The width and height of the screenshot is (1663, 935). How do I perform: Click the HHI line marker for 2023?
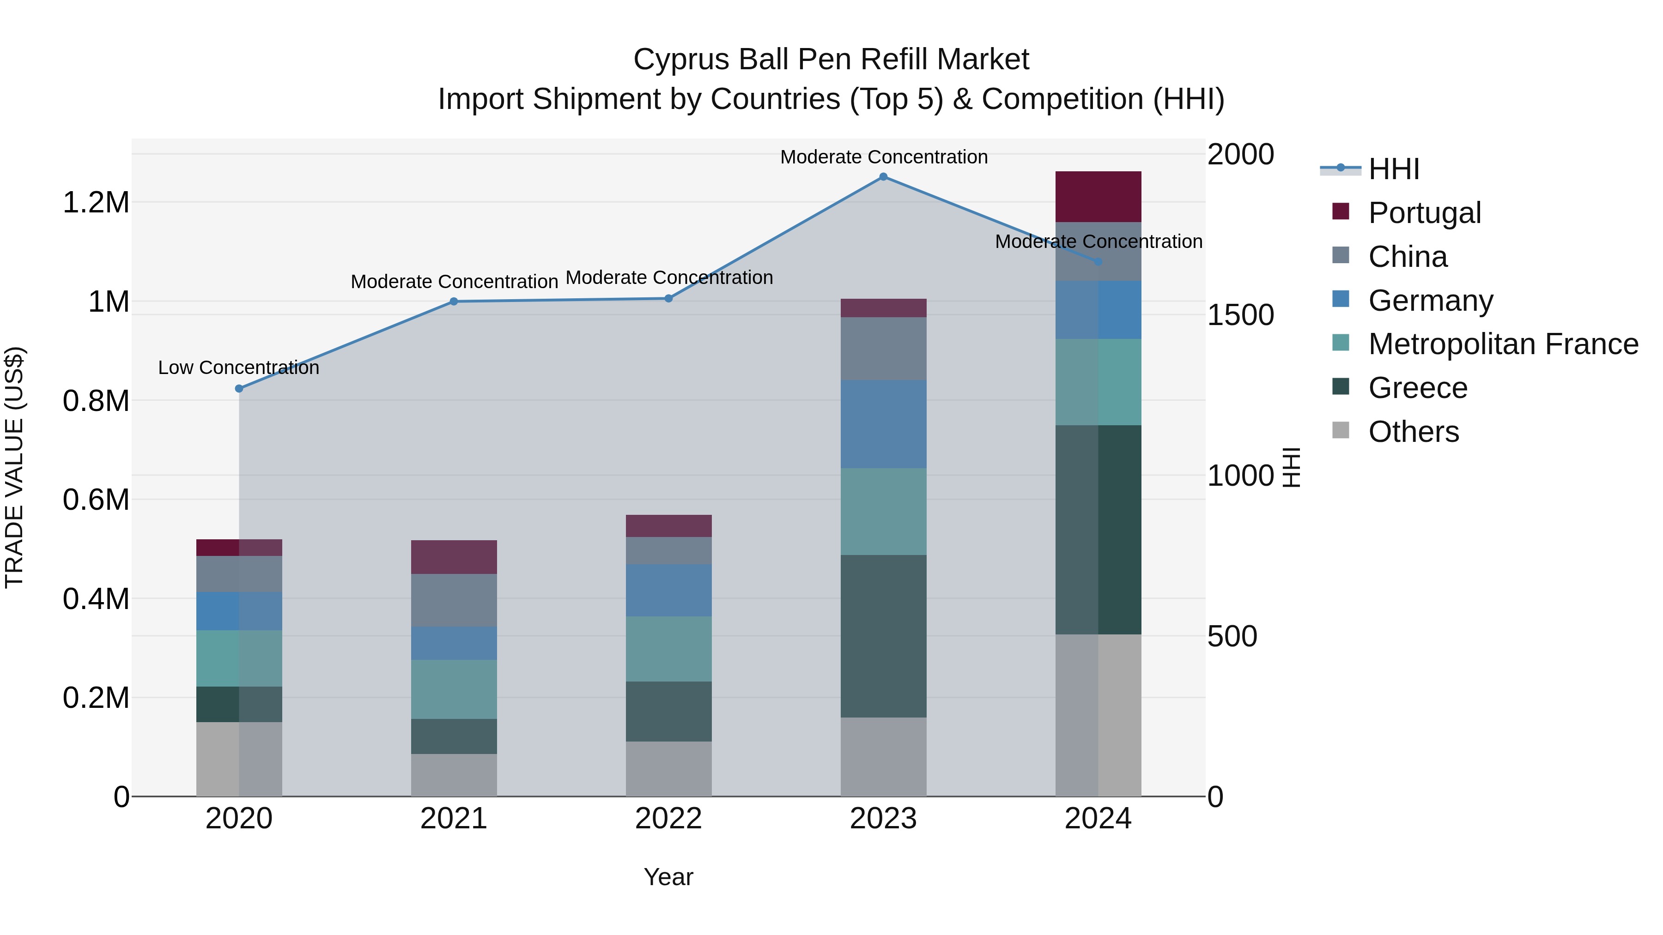tap(883, 177)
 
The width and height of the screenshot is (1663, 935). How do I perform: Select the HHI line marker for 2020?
tap(239, 388)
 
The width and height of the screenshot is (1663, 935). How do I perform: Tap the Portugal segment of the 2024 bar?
tap(1098, 197)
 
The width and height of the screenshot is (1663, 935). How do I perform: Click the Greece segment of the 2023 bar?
tap(883, 636)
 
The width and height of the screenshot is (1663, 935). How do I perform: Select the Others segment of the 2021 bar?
tap(454, 774)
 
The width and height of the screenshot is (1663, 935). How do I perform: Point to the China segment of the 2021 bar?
tap(454, 600)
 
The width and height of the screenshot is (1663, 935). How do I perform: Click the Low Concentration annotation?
tap(238, 368)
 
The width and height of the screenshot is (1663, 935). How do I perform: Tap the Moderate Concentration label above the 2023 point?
tap(883, 157)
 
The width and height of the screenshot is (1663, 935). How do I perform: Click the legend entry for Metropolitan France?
tap(1503, 344)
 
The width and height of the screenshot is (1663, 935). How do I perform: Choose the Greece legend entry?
tap(1418, 388)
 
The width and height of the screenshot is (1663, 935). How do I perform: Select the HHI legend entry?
tap(1393, 169)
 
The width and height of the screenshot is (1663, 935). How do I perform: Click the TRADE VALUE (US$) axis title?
tap(14, 467)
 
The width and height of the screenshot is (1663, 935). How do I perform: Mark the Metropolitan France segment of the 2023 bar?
tap(883, 511)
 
